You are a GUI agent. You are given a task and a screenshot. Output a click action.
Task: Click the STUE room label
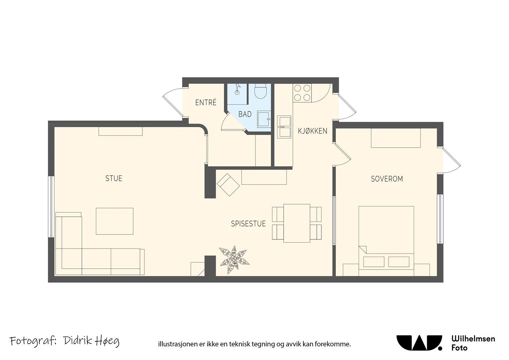pos(114,178)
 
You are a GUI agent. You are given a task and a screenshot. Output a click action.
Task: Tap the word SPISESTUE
pos(249,224)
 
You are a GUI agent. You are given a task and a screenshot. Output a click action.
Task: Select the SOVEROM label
pos(387,179)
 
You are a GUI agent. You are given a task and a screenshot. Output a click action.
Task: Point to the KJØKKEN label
pos(313,131)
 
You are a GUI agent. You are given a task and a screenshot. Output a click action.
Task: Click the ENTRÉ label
pos(206,103)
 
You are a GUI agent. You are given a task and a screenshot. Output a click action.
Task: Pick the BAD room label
pos(245,114)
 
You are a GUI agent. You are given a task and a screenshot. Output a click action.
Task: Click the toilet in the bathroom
pos(260,91)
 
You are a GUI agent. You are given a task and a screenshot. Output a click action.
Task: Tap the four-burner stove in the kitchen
pos(302,93)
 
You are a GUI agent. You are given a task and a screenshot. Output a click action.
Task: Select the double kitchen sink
pos(284,127)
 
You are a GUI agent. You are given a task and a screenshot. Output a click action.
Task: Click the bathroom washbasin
pos(264,119)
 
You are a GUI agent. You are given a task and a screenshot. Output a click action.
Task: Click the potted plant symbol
pos(234,260)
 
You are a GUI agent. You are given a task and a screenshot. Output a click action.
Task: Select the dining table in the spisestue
pos(297,223)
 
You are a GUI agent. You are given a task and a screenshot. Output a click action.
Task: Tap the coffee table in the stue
pos(115,221)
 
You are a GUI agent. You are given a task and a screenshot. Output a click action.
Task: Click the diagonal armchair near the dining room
pos(228,185)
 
